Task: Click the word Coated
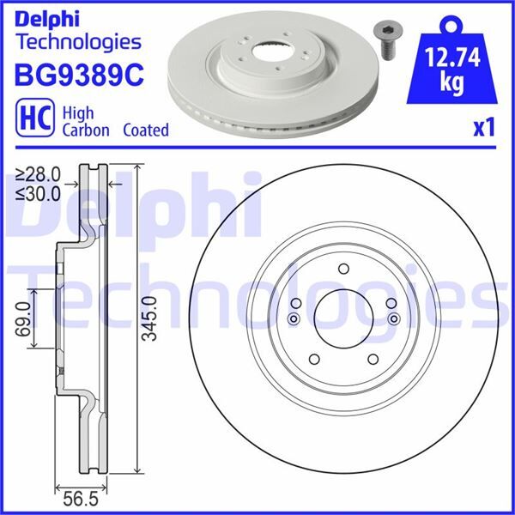click(x=145, y=130)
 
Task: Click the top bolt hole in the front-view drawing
click(x=342, y=268)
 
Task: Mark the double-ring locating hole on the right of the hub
click(x=394, y=319)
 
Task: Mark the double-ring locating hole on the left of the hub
click(x=294, y=319)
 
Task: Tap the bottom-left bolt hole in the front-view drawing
click(x=313, y=359)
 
